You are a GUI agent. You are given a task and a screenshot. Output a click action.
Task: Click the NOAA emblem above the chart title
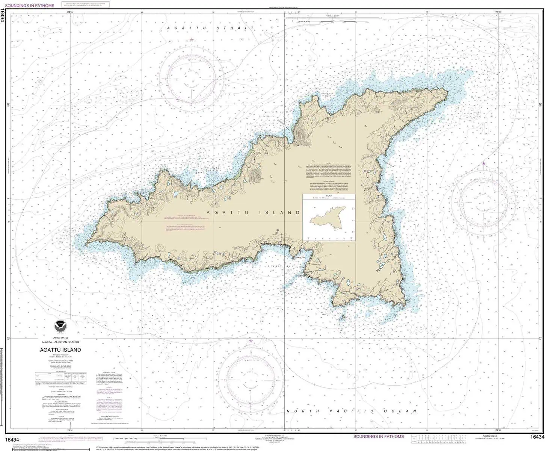[x=60, y=326]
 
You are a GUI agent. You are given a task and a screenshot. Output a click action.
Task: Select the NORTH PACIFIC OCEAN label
[x=352, y=411]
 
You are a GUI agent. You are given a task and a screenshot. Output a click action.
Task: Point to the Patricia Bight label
[x=328, y=94]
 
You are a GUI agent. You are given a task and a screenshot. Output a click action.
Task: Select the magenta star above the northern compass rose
[x=192, y=39]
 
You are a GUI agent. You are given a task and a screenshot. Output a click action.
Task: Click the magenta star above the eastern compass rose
[x=483, y=163]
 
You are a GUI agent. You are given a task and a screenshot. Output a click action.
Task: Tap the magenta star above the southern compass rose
[x=251, y=341]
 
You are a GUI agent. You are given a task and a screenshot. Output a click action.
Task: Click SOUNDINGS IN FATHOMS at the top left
[x=30, y=6]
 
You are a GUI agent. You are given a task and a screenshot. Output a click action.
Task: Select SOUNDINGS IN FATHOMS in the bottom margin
[x=378, y=436]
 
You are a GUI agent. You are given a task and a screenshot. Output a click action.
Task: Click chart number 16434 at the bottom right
[x=537, y=437]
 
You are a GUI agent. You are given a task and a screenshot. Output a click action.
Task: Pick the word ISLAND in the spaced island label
[x=279, y=213]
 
